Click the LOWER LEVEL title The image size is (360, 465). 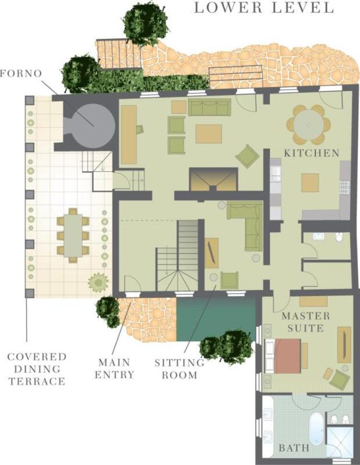[x=264, y=8]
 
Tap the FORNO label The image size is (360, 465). [x=21, y=73]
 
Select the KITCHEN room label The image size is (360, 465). [x=312, y=153]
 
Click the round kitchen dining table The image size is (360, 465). [x=309, y=125]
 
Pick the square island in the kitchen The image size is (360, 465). [x=310, y=183]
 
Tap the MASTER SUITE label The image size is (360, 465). [x=306, y=322]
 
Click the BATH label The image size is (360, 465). [x=294, y=447]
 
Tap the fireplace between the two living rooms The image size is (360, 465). [x=214, y=179]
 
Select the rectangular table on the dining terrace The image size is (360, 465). [x=73, y=235]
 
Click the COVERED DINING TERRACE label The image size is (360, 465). [x=37, y=369]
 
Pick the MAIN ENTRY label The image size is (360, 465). [x=114, y=368]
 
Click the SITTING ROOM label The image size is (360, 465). [x=179, y=369]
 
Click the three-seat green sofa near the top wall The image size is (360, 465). [x=209, y=107]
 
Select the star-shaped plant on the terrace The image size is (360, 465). [x=98, y=283]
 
